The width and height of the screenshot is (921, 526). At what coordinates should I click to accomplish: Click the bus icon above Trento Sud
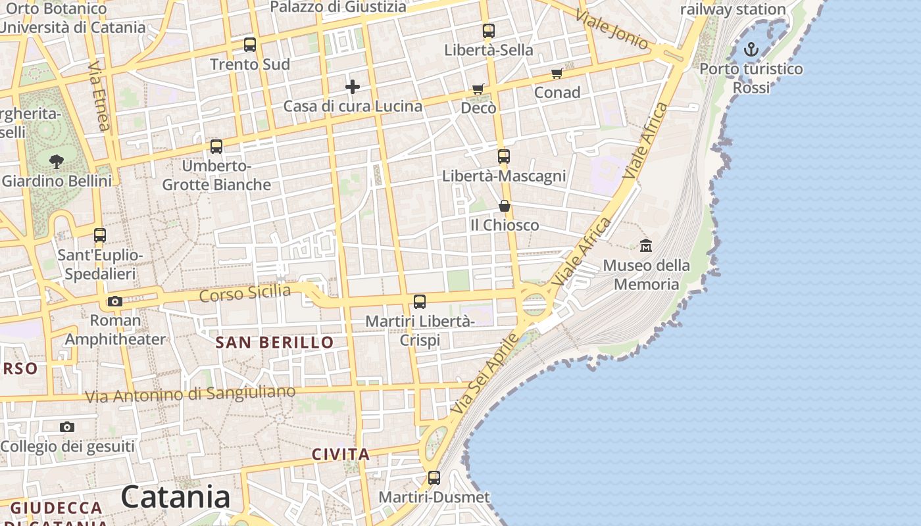[250, 45]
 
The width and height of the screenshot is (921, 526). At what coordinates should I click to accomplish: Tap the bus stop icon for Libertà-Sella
[488, 30]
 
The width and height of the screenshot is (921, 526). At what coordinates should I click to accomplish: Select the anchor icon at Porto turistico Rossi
[751, 49]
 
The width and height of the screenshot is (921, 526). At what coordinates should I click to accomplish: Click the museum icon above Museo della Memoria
[646, 246]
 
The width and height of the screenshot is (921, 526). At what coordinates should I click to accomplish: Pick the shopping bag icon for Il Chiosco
[504, 206]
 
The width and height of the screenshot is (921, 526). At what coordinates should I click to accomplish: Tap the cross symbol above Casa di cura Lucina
[353, 86]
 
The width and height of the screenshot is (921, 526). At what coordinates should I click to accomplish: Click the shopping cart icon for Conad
[557, 73]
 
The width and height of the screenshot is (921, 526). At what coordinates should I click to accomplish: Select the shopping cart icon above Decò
[478, 89]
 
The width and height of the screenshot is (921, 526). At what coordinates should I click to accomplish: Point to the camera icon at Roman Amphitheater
[115, 302]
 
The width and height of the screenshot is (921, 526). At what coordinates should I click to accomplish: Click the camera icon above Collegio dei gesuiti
[66, 427]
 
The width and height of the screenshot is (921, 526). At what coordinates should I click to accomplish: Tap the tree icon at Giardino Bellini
[57, 160]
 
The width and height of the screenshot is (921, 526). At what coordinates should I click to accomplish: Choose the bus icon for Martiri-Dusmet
[434, 478]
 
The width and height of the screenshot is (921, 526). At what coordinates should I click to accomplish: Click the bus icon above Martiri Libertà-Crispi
[420, 302]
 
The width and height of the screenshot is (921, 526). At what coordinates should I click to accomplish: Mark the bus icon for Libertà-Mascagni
[504, 156]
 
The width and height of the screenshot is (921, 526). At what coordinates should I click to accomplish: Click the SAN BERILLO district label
[275, 343]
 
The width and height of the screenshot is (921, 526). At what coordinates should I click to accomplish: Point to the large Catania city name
[176, 497]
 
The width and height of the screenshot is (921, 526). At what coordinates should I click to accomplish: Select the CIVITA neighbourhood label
[341, 454]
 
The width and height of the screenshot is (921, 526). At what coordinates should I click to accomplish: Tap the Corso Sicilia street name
[245, 293]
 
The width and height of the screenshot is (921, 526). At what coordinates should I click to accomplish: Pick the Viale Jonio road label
[612, 30]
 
